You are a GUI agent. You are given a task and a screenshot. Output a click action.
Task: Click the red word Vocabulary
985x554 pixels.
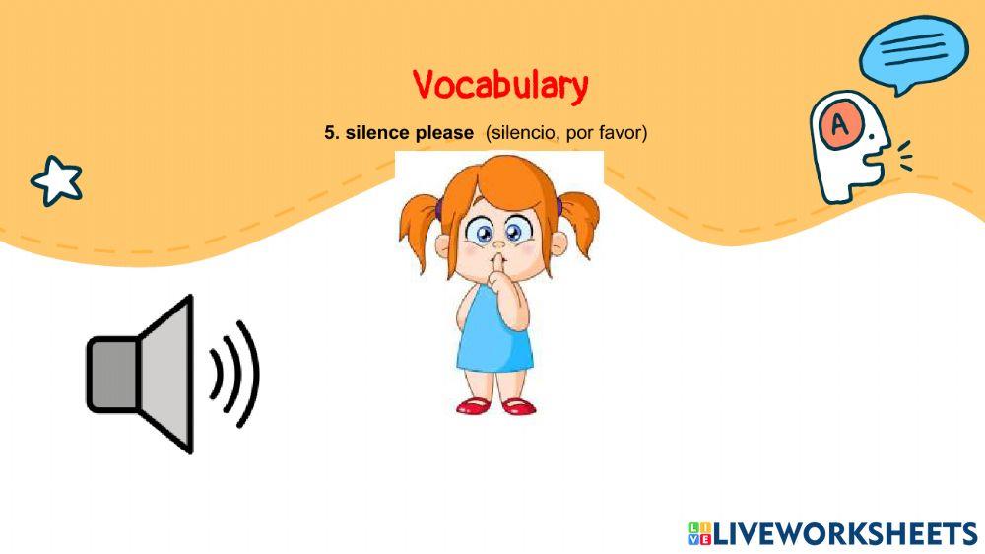coord(500,85)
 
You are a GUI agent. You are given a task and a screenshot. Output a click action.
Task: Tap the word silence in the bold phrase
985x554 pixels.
coord(377,133)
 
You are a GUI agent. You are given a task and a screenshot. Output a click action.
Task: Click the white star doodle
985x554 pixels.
coord(56,180)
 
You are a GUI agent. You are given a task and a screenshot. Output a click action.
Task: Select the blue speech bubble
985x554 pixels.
coord(913,54)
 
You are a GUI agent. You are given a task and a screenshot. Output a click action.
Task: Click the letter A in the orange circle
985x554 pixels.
coord(840,125)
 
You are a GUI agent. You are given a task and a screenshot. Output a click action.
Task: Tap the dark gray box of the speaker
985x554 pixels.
coord(113,375)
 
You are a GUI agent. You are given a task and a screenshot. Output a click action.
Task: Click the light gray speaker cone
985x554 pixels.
coord(165,374)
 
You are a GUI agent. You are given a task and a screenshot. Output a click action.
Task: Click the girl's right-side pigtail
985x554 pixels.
coord(577,222)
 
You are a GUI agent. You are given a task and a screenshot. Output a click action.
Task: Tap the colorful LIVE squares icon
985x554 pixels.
coord(699,533)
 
